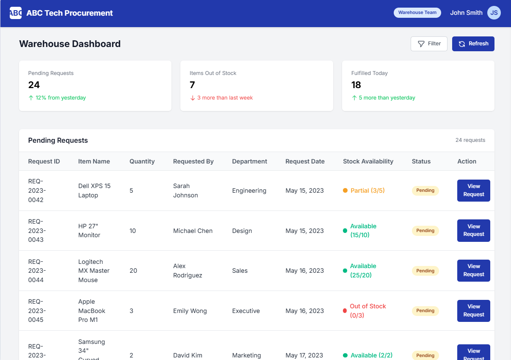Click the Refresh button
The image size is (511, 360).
click(473, 44)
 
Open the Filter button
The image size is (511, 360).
click(429, 44)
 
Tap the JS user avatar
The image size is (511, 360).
click(494, 13)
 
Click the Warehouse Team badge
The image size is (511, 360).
click(417, 13)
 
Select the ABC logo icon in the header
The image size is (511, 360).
click(16, 13)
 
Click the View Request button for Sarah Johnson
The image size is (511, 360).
click(474, 191)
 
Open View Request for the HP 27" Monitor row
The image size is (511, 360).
click(474, 230)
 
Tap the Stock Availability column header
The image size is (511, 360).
click(368, 161)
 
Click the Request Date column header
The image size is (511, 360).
click(305, 161)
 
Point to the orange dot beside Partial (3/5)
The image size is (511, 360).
click(345, 191)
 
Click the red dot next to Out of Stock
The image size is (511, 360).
click(345, 311)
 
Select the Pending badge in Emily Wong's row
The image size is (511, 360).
click(425, 311)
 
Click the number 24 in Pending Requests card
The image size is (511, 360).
click(34, 85)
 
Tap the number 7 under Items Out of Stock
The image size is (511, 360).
click(192, 85)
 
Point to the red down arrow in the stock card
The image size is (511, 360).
click(193, 98)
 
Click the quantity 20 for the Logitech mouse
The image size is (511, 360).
click(133, 271)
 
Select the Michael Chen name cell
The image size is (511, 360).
click(193, 231)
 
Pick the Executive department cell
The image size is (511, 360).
click(246, 311)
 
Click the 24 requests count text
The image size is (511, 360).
click(470, 140)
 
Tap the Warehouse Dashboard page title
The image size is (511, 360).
click(70, 44)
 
